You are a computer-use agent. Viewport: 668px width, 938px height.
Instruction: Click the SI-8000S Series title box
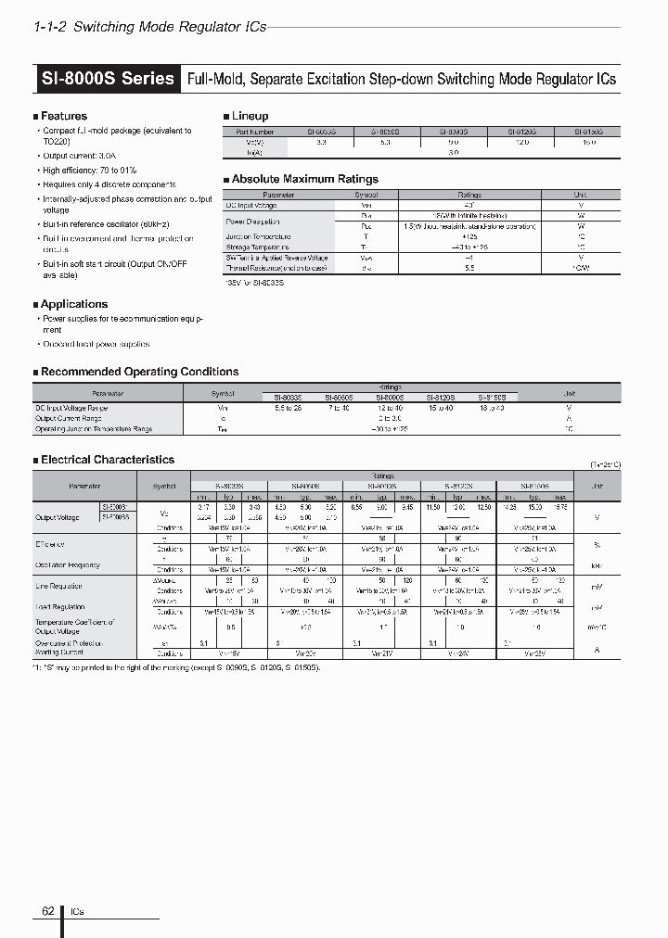coord(108,79)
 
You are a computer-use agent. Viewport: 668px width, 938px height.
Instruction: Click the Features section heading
coord(63,116)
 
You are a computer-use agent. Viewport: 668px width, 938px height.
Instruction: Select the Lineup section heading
coord(250,116)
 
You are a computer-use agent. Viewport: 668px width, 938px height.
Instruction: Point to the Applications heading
coord(73,304)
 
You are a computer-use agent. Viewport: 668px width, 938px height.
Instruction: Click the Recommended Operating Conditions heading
coord(139,372)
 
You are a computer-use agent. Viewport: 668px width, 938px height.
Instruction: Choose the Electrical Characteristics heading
coord(107,460)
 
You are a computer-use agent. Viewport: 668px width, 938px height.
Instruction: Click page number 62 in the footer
coord(48,911)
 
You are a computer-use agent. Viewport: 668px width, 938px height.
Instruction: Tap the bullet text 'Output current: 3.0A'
coord(81,158)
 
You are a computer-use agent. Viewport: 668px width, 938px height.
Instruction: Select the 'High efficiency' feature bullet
coord(89,171)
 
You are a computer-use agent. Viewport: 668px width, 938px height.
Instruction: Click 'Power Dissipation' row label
coord(253,222)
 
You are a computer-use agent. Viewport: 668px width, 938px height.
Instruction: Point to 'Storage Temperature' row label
coord(257,247)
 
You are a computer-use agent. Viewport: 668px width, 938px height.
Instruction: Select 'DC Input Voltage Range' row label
coord(71,407)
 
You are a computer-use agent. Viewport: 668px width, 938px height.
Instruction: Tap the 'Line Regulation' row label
coord(59,586)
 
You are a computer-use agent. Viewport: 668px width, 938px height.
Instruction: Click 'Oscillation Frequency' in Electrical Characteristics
coord(68,564)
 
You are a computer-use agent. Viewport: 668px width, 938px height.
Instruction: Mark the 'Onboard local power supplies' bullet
coord(96,344)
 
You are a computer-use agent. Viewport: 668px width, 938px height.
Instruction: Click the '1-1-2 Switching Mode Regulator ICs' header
coord(149,27)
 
